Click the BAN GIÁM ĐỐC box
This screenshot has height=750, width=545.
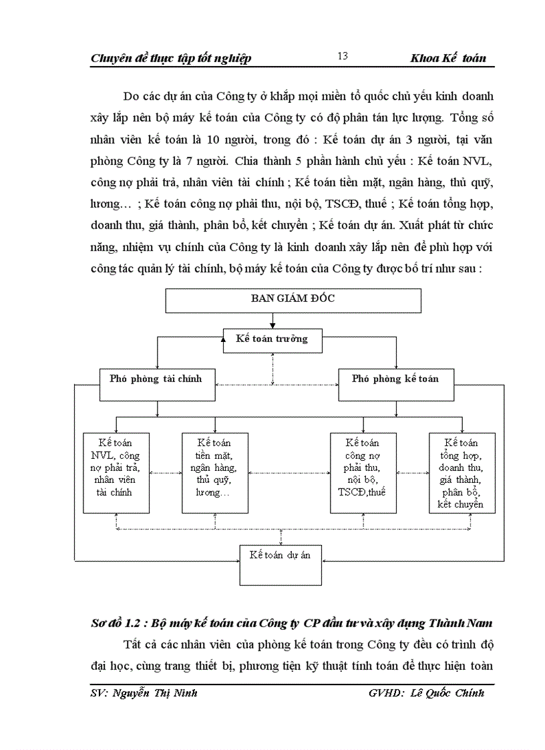(273, 299)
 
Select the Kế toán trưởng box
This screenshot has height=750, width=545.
(272, 340)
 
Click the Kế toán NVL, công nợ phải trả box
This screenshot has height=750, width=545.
(116, 472)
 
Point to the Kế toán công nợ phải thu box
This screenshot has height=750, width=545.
(363, 472)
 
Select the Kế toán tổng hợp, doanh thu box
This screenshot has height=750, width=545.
(461, 472)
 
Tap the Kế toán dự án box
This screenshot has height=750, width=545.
(280, 563)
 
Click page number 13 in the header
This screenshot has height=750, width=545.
(343, 56)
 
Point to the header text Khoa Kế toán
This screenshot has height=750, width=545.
(448, 59)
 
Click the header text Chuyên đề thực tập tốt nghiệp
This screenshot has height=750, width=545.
(170, 59)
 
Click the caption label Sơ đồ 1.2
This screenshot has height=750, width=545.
(116, 623)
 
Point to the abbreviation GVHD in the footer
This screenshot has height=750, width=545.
(384, 693)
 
